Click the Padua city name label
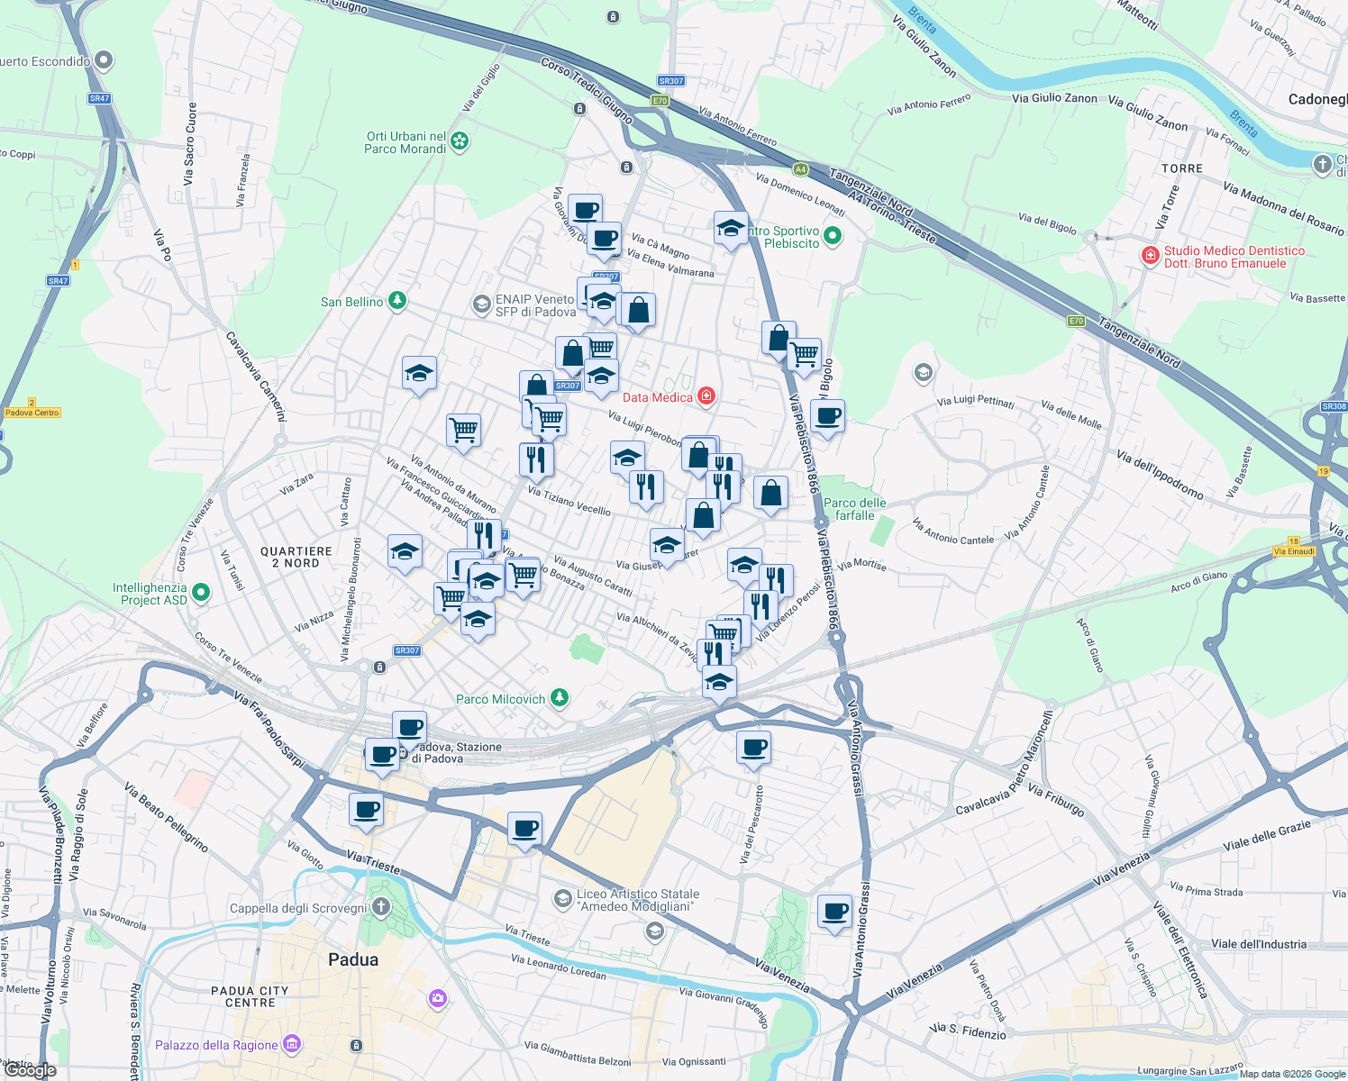point(353,959)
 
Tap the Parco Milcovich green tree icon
point(560,698)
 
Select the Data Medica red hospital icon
point(706,396)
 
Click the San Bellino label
point(352,302)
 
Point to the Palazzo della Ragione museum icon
point(291,1044)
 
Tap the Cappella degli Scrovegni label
point(298,908)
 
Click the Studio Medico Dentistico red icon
point(1150,256)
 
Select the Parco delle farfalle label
point(854,509)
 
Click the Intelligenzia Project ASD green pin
point(201,593)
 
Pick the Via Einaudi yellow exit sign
point(1294,550)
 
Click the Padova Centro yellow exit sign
point(32,413)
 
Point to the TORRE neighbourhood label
point(1181,168)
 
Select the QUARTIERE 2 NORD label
point(296,557)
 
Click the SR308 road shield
point(1334,406)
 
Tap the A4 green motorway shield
point(800,169)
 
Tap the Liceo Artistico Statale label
point(638,900)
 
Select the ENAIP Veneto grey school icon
point(482,304)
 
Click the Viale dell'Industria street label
point(1258,944)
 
